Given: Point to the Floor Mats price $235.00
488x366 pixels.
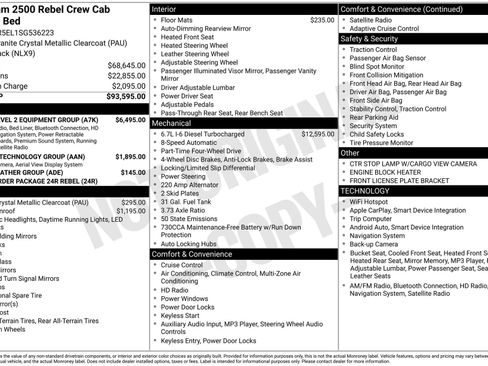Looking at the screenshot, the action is (x=322, y=19).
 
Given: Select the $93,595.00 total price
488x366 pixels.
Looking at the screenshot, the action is (x=126, y=97).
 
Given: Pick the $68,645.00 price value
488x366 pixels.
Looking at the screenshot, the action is (x=127, y=64).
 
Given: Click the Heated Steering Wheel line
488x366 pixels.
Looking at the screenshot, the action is (x=198, y=46).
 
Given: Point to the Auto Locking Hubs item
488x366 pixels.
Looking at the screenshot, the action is (x=195, y=243).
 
